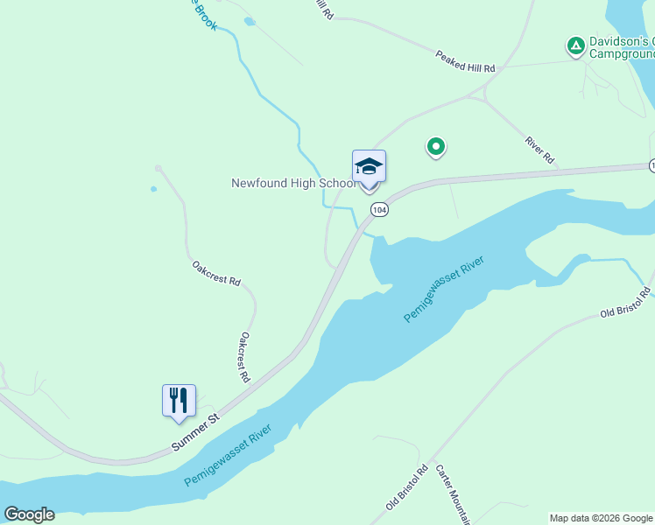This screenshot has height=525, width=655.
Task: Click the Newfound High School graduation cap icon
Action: coord(369,166)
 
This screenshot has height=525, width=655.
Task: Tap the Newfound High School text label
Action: coord(292,184)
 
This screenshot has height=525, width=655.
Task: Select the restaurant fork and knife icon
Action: coord(179,401)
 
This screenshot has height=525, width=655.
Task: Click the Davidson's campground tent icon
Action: coord(575,45)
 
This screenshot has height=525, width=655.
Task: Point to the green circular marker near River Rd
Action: coord(435,146)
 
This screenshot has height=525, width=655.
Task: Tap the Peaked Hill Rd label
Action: coord(465,61)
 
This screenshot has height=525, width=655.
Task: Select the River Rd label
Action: coord(539,149)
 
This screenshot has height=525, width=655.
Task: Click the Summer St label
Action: coord(194,433)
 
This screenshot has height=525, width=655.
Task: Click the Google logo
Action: coord(29,514)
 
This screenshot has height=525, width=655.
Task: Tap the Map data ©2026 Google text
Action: coord(600,518)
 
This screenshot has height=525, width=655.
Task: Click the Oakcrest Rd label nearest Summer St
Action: coord(245,357)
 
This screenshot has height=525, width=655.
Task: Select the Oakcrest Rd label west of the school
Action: coord(216,273)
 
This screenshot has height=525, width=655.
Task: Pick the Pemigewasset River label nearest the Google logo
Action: coord(228,457)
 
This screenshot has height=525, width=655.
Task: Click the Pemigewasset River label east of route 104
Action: coord(444,290)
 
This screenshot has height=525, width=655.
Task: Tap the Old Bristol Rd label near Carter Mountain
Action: coord(406,487)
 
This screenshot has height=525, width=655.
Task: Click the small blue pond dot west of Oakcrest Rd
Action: coord(153,188)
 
